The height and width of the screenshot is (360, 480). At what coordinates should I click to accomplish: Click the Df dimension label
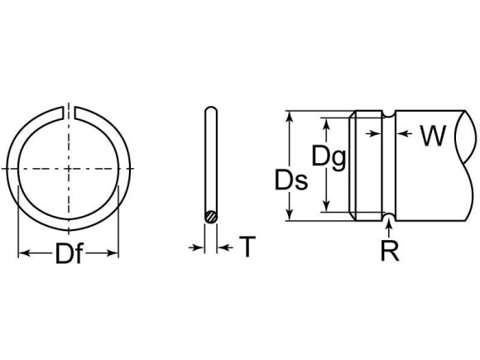coord(69,256)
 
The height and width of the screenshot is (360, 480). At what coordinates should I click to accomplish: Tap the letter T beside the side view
coord(246,247)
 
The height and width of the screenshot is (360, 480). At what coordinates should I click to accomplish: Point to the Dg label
coord(329,154)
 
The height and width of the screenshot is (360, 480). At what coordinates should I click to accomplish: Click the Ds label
coord(292,180)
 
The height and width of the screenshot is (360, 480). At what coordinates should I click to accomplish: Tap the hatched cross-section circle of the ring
coord(212,217)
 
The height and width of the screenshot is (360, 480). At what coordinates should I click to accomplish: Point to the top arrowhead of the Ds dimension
coord(289,117)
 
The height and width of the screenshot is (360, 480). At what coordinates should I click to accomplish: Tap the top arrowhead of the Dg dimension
coord(326,123)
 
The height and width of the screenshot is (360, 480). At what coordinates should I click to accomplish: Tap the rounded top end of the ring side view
coord(212,110)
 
